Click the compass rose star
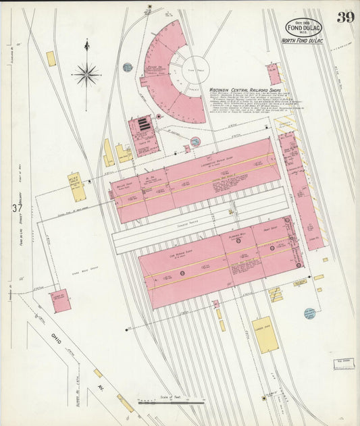coord(86,74)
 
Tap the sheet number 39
coord(345,17)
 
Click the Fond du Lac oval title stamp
coord(304,27)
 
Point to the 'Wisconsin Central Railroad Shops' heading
coord(245,88)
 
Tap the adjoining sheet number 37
coord(15,208)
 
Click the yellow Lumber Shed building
coord(265,334)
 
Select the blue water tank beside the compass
coord(127,68)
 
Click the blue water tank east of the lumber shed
coord(309,313)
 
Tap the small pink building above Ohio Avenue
coord(61,300)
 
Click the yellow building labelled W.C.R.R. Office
coord(76,186)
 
